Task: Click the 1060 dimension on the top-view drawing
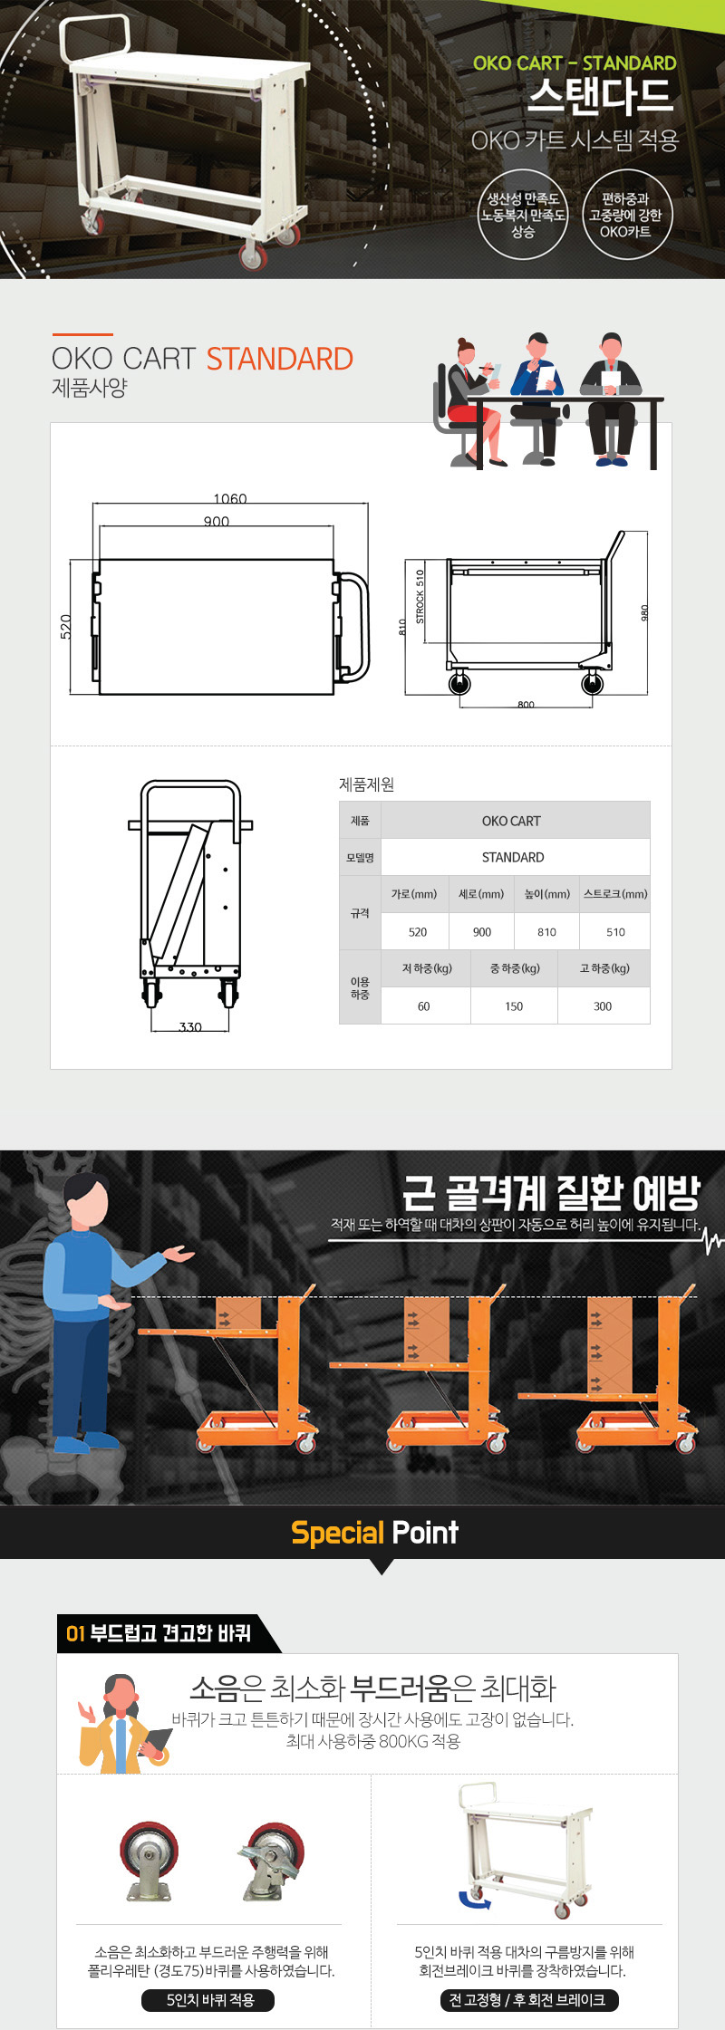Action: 230,499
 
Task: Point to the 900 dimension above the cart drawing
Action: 217,522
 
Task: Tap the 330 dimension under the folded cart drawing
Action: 190,1027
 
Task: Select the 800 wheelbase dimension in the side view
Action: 526,705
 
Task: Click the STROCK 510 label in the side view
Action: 420,597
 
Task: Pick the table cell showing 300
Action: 603,1006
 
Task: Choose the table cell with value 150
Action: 514,1006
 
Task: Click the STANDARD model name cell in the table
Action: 513,857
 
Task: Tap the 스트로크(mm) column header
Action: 616,894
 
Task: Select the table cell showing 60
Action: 423,1006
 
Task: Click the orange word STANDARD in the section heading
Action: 280,359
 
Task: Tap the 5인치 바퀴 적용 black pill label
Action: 210,1999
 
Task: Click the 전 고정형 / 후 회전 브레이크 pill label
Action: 527,1999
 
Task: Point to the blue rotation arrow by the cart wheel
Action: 474,1899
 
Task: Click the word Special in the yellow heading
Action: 337,1533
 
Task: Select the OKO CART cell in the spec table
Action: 511,821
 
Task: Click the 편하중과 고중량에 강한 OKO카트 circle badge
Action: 625,216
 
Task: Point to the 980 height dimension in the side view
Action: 645,613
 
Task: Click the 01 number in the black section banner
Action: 75,1633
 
